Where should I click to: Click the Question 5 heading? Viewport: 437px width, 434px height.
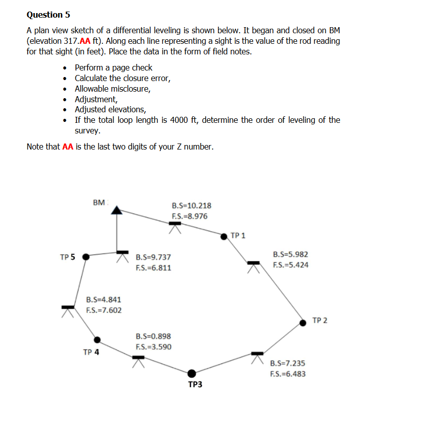click(45, 15)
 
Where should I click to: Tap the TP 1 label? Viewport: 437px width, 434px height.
click(238, 235)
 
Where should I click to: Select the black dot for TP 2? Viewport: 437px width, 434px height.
click(303, 322)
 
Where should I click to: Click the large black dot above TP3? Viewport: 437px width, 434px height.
click(192, 373)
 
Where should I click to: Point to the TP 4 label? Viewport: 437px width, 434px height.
click(91, 352)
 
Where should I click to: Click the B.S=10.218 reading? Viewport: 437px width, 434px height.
click(192, 205)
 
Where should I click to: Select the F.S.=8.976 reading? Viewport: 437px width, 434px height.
click(190, 216)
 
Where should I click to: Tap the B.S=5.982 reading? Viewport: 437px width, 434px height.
click(290, 254)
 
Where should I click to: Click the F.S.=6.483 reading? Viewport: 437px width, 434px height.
click(288, 374)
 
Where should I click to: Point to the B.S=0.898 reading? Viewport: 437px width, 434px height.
click(153, 336)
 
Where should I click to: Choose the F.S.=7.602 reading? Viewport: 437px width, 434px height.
click(104, 310)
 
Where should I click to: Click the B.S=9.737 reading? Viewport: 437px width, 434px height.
click(153, 257)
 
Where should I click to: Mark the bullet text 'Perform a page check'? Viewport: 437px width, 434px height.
click(113, 67)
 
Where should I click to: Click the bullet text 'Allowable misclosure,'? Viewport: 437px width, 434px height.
click(112, 89)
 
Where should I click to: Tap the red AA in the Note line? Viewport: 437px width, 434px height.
click(68, 147)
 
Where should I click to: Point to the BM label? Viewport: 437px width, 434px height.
click(100, 202)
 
